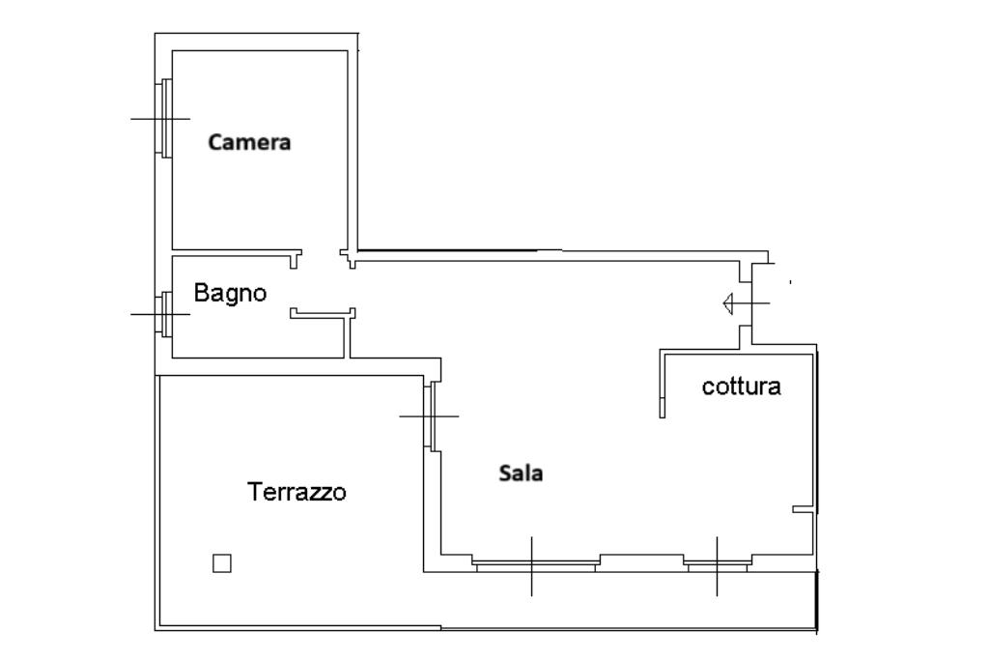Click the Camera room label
pyautogui.click(x=249, y=143)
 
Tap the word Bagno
pyautogui.click(x=230, y=293)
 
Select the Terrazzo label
pyautogui.click(x=297, y=492)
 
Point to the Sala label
pyautogui.click(x=521, y=473)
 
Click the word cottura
pyautogui.click(x=741, y=387)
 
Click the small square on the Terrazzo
pyautogui.click(x=222, y=562)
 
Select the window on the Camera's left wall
pyautogui.click(x=164, y=117)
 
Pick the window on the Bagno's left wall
pyautogui.click(x=165, y=314)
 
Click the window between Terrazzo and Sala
pyautogui.click(x=431, y=416)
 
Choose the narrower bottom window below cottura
pyautogui.click(x=717, y=562)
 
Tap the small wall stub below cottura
pyautogui.click(x=802, y=508)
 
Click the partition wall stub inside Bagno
pyautogui.click(x=323, y=312)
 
